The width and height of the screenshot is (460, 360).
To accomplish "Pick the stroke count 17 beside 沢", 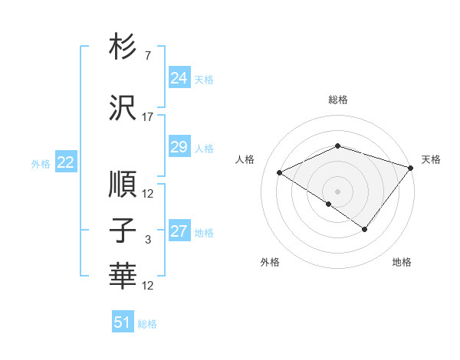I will click(148, 117).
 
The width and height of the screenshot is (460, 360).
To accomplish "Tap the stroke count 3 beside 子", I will click(148, 240).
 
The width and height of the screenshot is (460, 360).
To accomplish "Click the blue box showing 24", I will click(179, 78).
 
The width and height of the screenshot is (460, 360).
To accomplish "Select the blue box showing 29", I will click(179, 147).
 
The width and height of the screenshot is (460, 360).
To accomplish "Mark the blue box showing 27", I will click(179, 232).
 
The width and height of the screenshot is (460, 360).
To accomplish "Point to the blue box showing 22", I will click(66, 162).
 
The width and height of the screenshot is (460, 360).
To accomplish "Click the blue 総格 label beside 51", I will click(147, 324).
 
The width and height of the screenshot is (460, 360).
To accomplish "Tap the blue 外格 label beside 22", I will click(41, 163).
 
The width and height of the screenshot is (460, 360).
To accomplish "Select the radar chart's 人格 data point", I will click(280, 173).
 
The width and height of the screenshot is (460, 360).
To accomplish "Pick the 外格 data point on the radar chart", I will click(328, 204).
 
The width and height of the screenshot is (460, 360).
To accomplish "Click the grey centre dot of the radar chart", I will click(337, 191).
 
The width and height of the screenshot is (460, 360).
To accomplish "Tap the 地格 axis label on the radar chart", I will click(402, 263).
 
